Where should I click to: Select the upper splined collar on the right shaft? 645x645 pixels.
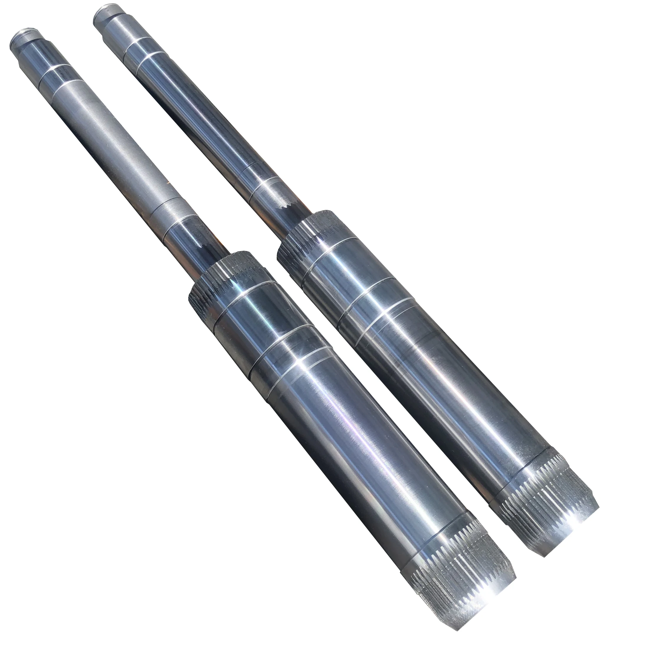pos(314,230)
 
